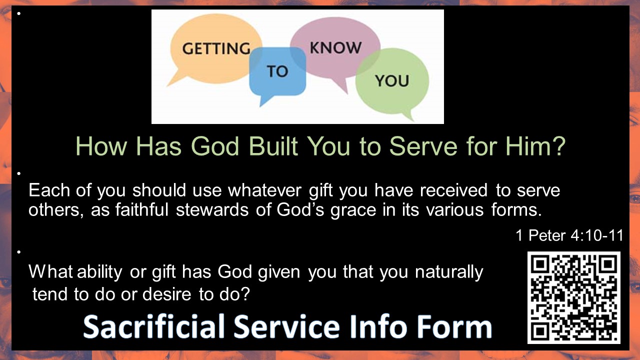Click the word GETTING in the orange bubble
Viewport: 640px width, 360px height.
click(216, 48)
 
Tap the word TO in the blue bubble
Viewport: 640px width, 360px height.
click(277, 71)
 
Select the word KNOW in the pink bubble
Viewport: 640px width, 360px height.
click(335, 47)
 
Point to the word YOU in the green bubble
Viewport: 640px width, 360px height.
click(392, 80)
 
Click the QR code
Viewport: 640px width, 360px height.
click(573, 297)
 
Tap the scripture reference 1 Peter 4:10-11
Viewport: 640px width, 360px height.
click(569, 235)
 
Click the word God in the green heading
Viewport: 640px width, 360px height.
click(215, 146)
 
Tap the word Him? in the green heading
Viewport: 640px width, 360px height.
click(535, 146)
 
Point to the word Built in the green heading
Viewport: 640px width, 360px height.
click(273, 146)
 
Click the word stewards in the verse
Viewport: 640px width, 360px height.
click(212, 209)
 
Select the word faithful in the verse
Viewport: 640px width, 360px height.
click(141, 209)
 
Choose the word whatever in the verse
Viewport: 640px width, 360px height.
click(264, 190)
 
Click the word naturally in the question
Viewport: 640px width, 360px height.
click(449, 272)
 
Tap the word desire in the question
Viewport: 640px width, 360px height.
click(166, 294)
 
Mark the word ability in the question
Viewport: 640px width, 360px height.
click(99, 272)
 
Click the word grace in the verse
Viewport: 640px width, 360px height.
click(353, 211)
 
